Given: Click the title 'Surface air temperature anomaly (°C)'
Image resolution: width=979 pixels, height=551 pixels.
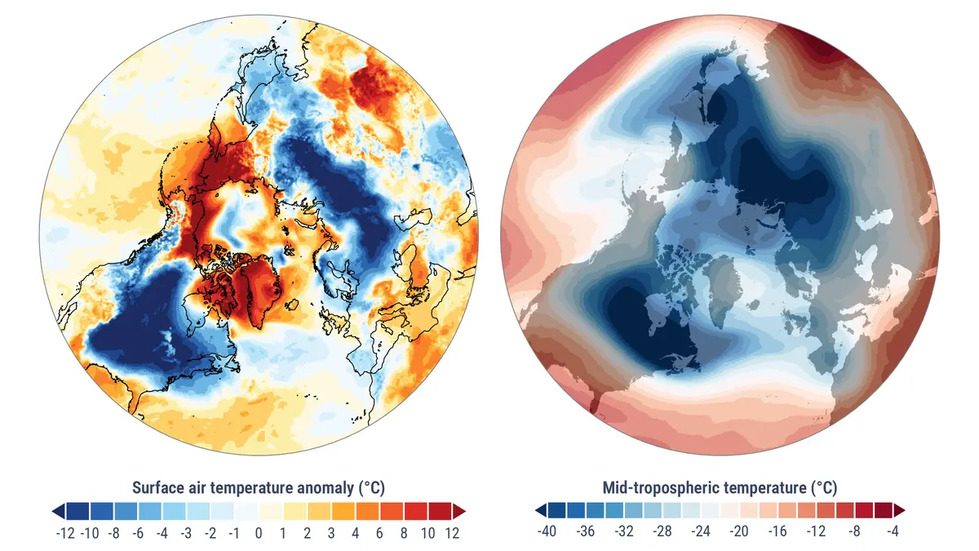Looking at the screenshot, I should coord(258,488).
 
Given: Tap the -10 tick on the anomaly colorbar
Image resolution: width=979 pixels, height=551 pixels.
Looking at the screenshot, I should coord(90,533).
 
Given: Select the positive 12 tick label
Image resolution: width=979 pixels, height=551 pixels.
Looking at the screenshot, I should coord(453,533).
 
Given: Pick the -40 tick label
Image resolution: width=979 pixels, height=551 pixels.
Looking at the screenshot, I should coord(547,533).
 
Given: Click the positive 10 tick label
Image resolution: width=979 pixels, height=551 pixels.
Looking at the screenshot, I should coord(428,533).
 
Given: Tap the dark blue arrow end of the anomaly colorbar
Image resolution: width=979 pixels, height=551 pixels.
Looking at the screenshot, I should coord(58,511).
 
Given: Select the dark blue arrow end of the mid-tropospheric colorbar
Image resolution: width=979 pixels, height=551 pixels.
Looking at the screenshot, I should coord(541,511).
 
